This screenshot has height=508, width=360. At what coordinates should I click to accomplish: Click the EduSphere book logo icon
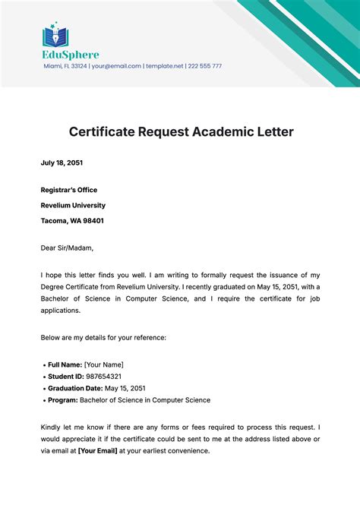click(55, 35)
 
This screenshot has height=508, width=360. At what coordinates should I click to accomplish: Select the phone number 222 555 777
click(205, 66)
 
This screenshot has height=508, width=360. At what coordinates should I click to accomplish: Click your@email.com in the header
click(117, 66)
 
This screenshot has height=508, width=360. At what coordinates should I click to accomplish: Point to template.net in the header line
click(165, 66)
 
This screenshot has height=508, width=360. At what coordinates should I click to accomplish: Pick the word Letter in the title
click(271, 131)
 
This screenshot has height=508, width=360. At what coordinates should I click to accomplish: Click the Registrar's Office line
click(69, 189)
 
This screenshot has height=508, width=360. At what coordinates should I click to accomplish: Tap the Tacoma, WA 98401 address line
click(72, 220)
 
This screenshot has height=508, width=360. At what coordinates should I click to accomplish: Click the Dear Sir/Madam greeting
click(67, 247)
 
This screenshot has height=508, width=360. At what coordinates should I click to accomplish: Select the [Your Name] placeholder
click(104, 364)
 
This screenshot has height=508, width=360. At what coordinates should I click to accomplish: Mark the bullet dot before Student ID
click(43, 376)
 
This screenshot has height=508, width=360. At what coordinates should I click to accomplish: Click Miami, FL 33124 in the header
click(65, 66)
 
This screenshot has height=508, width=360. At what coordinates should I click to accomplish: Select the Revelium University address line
click(73, 205)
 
